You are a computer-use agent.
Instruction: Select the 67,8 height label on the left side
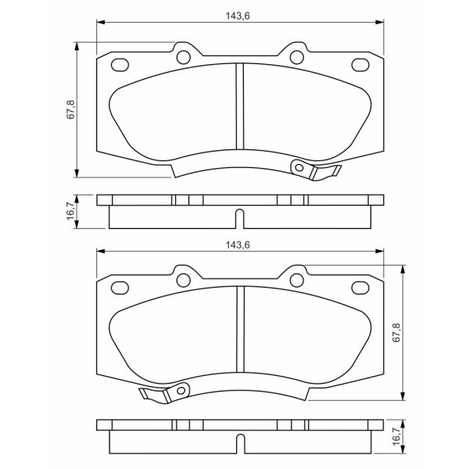(x=70, y=109)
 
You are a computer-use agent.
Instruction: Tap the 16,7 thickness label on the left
(x=70, y=211)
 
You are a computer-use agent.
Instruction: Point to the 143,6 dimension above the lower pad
(x=237, y=245)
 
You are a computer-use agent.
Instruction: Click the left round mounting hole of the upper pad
(x=184, y=55)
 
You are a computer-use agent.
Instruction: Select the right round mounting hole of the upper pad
(x=297, y=55)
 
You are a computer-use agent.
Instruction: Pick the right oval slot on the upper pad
(x=360, y=64)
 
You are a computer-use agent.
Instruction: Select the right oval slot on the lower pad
(x=360, y=288)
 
